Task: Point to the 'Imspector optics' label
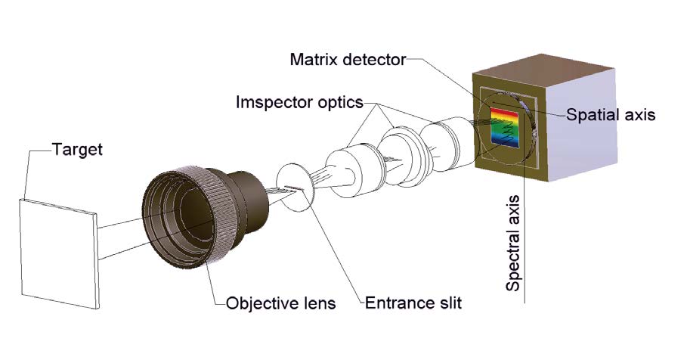[x=299, y=101]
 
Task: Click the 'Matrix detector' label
[x=348, y=59]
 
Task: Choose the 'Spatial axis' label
[x=611, y=115]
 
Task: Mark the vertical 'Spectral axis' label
[x=514, y=243]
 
